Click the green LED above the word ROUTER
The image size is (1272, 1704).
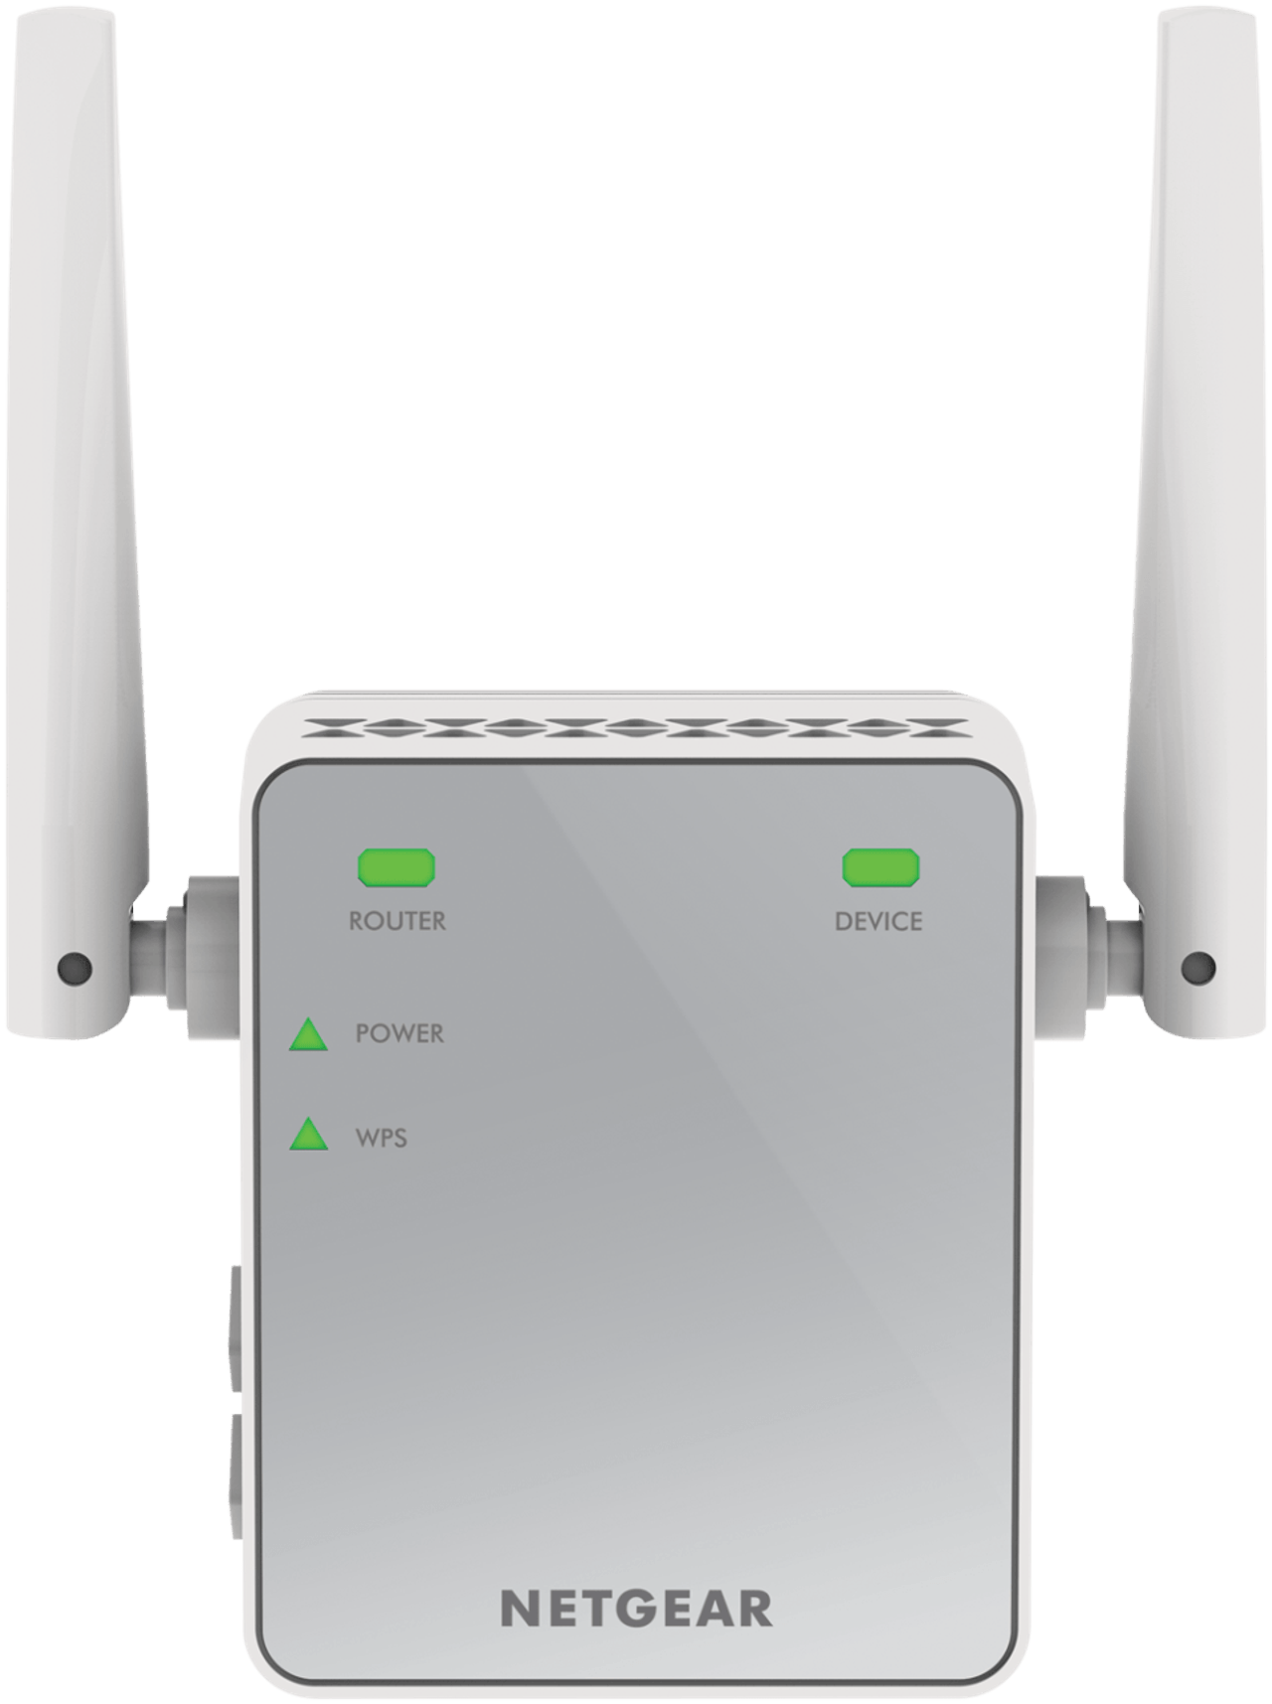tap(397, 867)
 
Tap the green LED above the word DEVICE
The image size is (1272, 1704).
tap(880, 867)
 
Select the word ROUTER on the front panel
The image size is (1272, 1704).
tap(397, 921)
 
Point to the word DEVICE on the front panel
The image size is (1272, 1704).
tap(878, 921)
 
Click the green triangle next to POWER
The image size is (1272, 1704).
tap(308, 1035)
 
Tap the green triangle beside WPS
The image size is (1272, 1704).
tap(308, 1135)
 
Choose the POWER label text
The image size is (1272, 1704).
tap(399, 1033)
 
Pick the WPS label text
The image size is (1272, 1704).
tap(382, 1138)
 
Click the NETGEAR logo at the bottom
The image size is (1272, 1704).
tap(636, 1609)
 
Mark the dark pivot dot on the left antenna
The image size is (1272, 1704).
tap(75, 966)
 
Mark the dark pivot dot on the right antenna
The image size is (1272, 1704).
tap(1198, 966)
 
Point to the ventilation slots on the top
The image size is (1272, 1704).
tap(636, 728)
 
